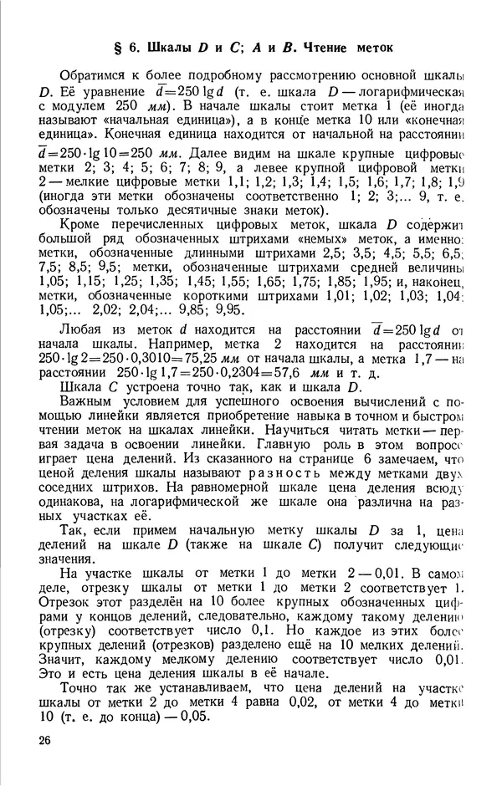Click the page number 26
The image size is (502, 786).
tap(44, 740)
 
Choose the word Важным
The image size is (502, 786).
tap(90, 402)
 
